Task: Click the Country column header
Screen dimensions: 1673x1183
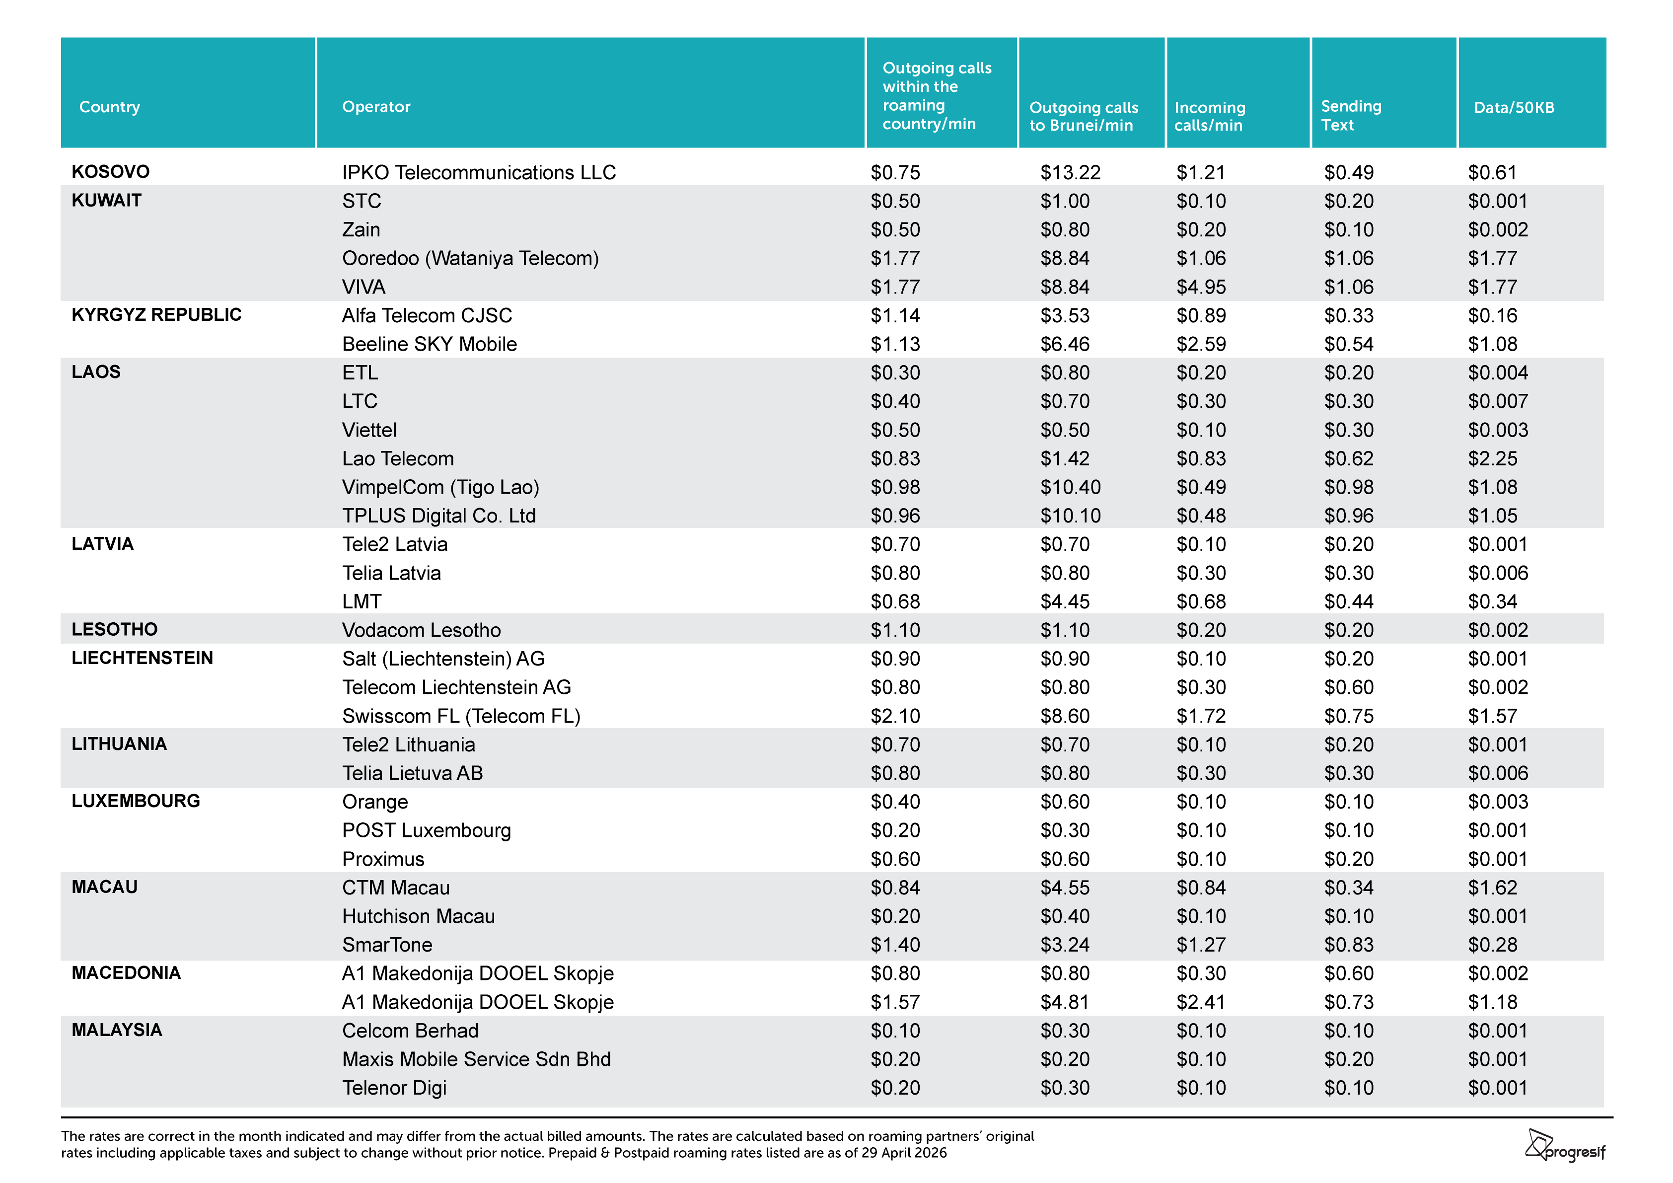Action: pyautogui.click(x=109, y=107)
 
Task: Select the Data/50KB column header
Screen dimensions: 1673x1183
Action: pyautogui.click(x=1514, y=108)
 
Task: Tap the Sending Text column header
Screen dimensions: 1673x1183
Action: pyautogui.click(x=1351, y=116)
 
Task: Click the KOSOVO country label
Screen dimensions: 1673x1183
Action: pyautogui.click(x=111, y=171)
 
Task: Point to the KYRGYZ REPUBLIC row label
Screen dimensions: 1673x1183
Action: pyautogui.click(x=156, y=315)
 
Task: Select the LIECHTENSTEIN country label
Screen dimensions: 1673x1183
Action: pyautogui.click(x=142, y=658)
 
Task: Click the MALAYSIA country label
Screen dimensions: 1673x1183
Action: pyautogui.click(x=117, y=1030)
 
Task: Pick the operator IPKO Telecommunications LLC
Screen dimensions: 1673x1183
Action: pyautogui.click(x=479, y=173)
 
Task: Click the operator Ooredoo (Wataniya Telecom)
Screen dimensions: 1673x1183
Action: pyautogui.click(x=470, y=259)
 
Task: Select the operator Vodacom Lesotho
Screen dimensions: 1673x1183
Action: pyautogui.click(x=421, y=631)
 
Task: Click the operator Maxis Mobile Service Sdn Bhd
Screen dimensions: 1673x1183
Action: pyautogui.click(x=477, y=1059)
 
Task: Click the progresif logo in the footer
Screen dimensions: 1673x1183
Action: pyautogui.click(x=1565, y=1145)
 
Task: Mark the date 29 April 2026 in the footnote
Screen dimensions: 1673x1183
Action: pyautogui.click(x=902, y=1153)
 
